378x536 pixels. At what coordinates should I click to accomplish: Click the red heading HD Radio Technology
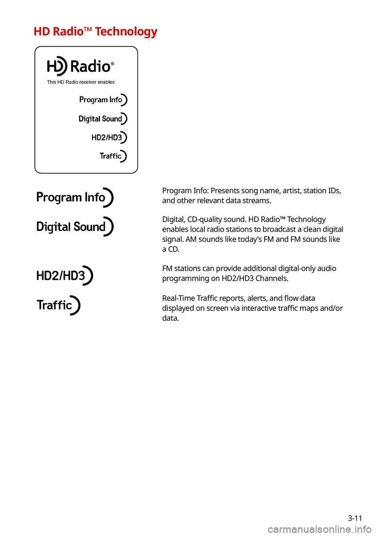(95, 31)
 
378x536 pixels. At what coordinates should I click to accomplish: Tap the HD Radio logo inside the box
(80, 66)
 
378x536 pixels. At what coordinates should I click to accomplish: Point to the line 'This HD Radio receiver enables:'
(81, 82)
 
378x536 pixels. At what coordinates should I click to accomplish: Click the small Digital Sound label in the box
(103, 119)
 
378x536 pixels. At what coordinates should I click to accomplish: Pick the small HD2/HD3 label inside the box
(109, 137)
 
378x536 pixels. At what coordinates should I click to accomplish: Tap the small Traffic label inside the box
(113, 156)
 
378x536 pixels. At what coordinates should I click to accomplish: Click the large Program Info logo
(74, 197)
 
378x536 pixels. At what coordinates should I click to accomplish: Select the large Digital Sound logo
(74, 227)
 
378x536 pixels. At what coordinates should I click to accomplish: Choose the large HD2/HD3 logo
(64, 275)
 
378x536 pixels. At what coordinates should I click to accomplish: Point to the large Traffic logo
(58, 305)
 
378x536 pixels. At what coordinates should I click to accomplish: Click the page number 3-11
(355, 518)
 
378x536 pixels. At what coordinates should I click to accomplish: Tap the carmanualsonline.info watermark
(319, 530)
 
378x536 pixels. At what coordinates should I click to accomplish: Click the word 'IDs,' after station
(334, 191)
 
